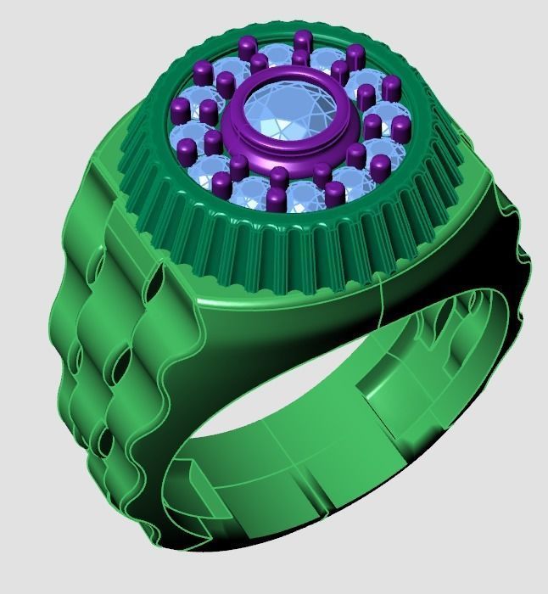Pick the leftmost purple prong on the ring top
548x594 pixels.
point(180,109)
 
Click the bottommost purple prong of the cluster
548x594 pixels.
point(275,200)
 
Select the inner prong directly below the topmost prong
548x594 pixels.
point(299,59)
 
